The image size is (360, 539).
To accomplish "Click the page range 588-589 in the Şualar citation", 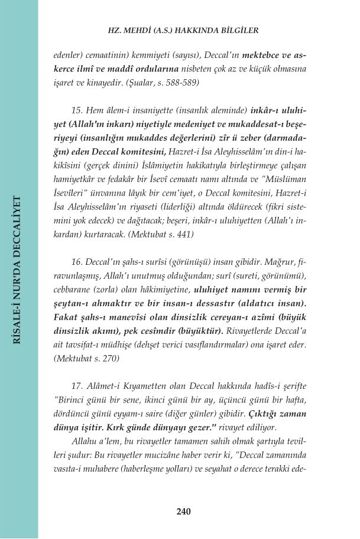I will (179, 83).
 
